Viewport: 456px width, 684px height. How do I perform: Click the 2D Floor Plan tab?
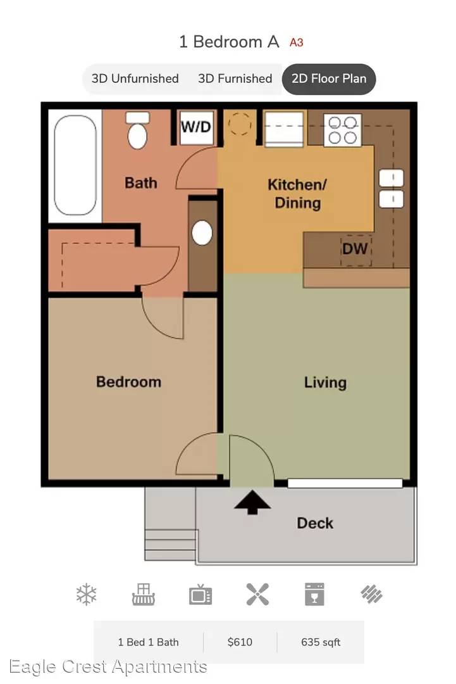coord(329,79)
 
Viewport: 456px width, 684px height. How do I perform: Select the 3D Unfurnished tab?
coord(135,79)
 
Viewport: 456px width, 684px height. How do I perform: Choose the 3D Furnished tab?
coord(235,79)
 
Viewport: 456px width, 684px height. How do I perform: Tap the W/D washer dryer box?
coord(197,127)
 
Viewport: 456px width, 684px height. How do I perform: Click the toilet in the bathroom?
coord(138,130)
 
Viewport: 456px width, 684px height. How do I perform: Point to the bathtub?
coord(75,165)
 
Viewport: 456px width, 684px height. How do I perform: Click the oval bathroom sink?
coord(202,232)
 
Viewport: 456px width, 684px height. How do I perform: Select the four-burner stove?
coord(343,130)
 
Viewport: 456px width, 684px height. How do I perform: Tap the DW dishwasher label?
coord(355,249)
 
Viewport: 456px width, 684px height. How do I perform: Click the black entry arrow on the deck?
coord(252,502)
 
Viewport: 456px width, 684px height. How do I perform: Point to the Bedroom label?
coord(129,382)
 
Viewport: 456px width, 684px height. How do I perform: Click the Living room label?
coord(325,383)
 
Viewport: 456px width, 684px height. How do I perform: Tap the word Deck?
coord(315,523)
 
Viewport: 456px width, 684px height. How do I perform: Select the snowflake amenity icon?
coord(86,594)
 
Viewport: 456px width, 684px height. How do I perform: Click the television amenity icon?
coord(200,595)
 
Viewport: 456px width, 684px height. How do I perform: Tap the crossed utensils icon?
coord(257,594)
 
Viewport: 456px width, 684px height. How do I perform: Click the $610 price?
coord(240,642)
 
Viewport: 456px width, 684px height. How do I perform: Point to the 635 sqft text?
coord(321,642)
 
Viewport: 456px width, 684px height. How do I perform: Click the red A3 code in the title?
coord(297,43)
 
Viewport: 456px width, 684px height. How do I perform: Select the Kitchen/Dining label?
coord(297,194)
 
